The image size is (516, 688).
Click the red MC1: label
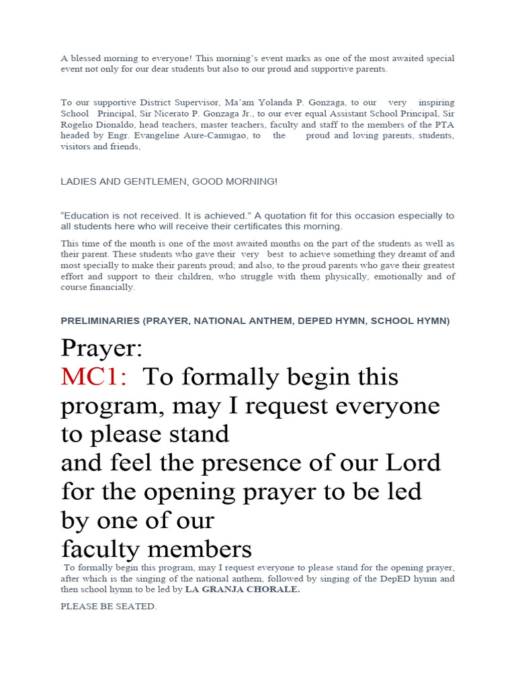(93, 378)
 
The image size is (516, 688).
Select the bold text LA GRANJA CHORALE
(243, 590)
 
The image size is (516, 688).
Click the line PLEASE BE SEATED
(108, 607)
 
